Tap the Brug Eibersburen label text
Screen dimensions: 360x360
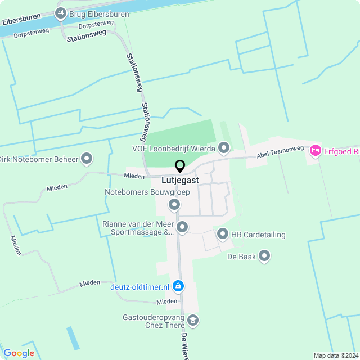click(x=98, y=13)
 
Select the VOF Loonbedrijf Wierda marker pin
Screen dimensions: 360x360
click(x=224, y=148)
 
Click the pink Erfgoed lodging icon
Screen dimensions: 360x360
click(x=316, y=151)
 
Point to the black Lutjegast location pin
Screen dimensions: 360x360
click(x=180, y=166)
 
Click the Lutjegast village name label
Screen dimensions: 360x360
click(x=179, y=181)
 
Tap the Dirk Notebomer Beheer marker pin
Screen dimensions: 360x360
click(x=87, y=159)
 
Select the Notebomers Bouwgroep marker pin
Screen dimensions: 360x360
click(x=174, y=204)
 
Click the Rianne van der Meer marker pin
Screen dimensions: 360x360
click(x=182, y=227)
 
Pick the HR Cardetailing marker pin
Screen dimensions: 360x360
click(x=222, y=234)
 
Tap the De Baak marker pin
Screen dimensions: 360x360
click(x=264, y=257)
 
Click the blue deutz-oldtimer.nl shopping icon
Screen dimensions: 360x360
click(x=178, y=286)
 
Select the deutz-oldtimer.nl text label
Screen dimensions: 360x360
click(x=139, y=287)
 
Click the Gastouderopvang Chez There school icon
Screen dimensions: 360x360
click(x=193, y=321)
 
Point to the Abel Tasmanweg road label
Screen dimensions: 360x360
click(x=280, y=151)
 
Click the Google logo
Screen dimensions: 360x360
click(x=19, y=353)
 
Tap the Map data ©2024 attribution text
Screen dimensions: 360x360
click(x=335, y=355)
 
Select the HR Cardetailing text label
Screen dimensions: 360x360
click(x=258, y=235)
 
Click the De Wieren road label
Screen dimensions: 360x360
click(x=183, y=344)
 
